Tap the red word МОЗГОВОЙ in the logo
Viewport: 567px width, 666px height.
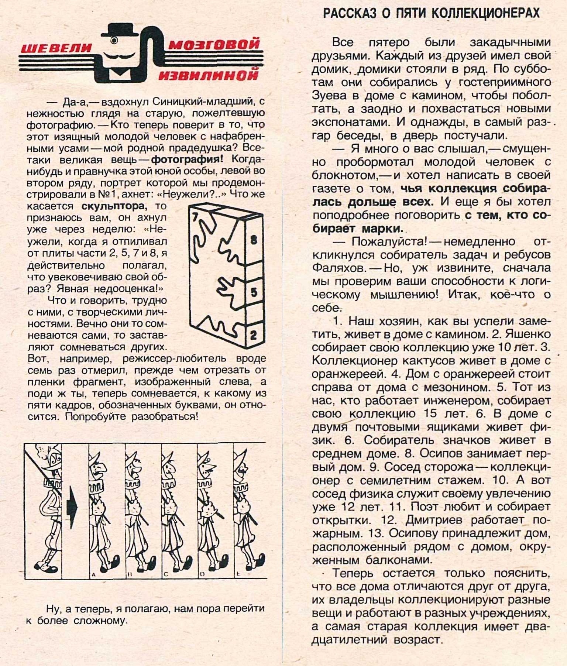click(x=214, y=44)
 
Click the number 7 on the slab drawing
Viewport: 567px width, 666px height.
click(x=196, y=217)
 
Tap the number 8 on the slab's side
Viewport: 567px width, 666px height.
click(x=254, y=240)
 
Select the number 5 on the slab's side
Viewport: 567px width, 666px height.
click(x=254, y=292)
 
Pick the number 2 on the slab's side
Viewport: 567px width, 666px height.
click(x=253, y=335)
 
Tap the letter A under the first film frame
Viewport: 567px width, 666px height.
click(x=93, y=574)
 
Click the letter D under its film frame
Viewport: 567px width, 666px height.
click(x=202, y=574)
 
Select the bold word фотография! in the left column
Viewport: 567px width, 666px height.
click(x=187, y=159)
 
